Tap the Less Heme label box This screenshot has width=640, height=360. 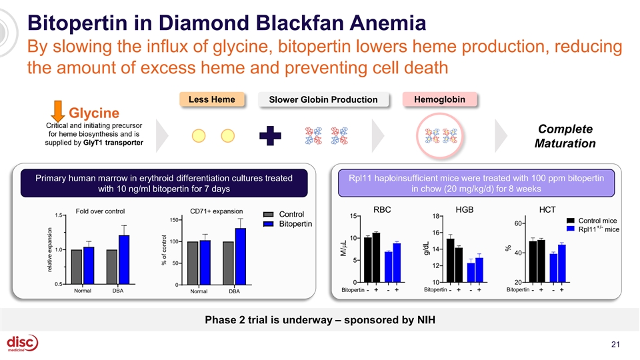point(211,99)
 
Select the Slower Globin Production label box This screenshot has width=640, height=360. point(323,100)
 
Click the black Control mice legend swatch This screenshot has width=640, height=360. point(571,220)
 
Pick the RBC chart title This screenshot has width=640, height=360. point(382,209)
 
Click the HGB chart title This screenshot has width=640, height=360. point(464,209)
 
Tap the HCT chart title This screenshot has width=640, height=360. point(547,209)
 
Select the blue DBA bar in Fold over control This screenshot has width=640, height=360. point(124,259)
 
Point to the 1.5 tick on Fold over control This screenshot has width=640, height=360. point(59,215)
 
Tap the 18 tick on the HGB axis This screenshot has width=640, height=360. point(434,216)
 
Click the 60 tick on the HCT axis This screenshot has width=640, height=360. point(517,223)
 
